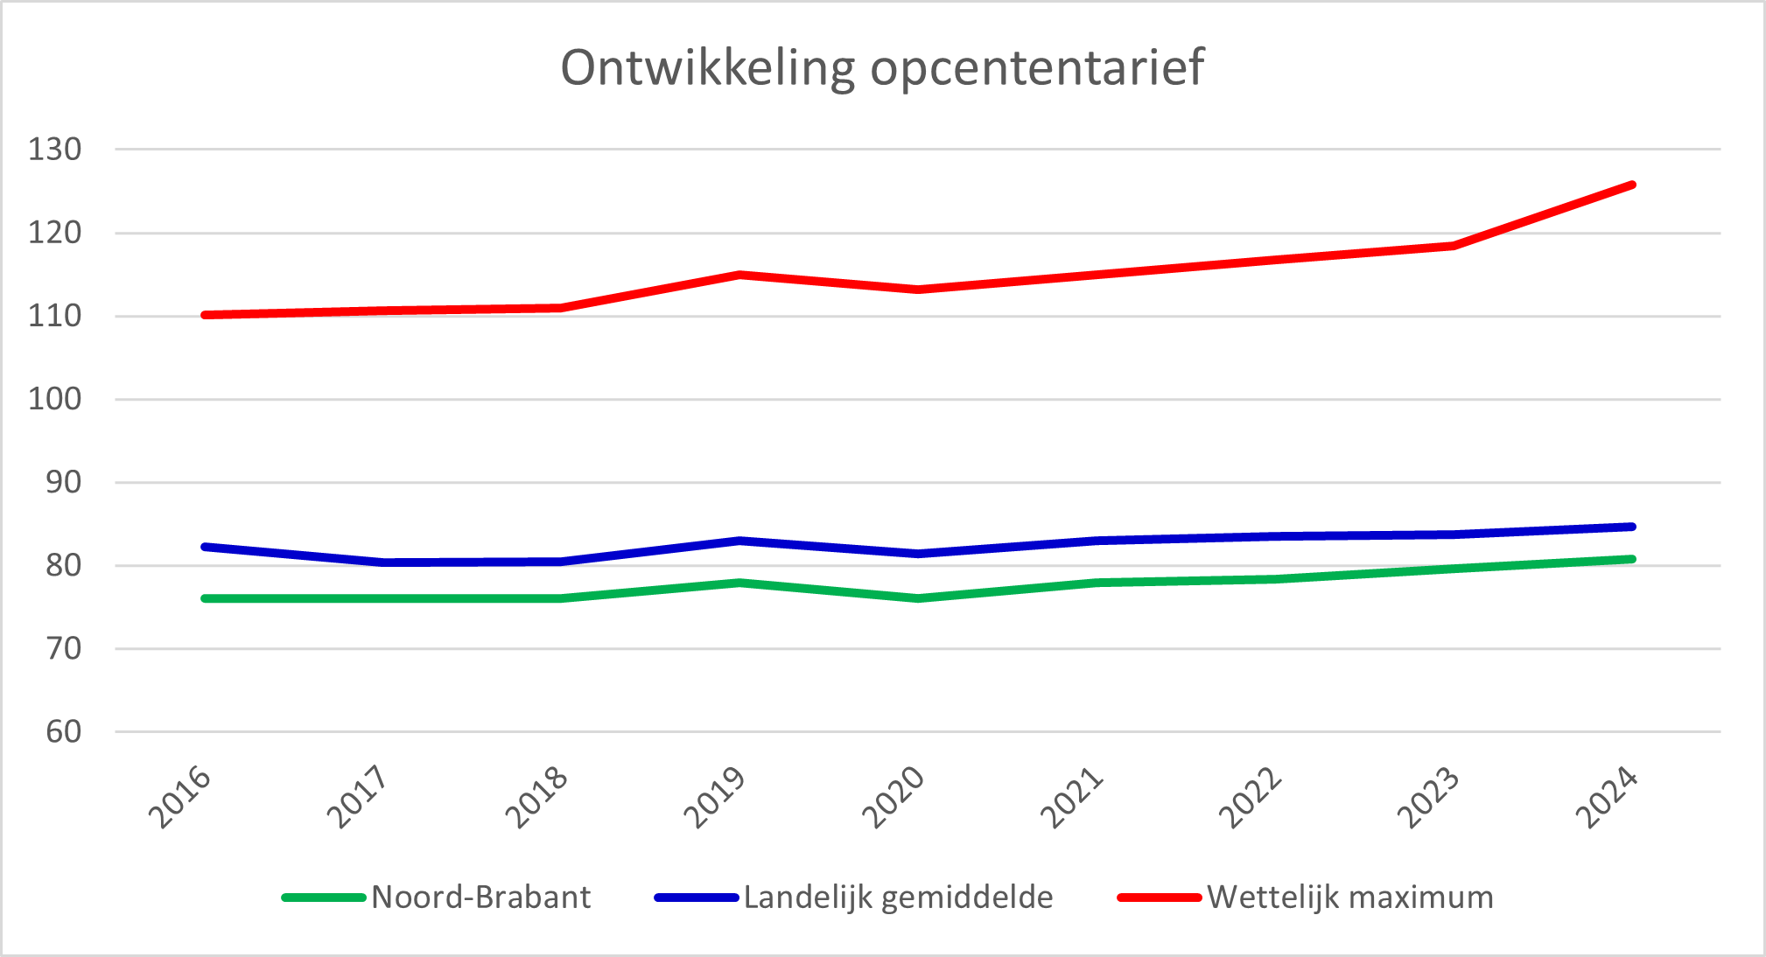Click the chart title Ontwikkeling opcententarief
pos(882,68)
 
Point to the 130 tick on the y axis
pos(54,150)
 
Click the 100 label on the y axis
pos(54,400)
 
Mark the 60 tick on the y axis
pos(63,732)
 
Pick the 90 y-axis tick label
pos(63,483)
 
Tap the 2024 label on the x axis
pos(1607,798)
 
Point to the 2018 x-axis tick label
pos(537,798)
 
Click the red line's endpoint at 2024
pos(1632,185)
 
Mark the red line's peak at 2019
pos(740,275)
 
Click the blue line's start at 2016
pos(205,547)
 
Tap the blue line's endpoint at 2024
pos(1632,527)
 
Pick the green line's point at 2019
pos(740,583)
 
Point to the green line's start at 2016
pos(205,598)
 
